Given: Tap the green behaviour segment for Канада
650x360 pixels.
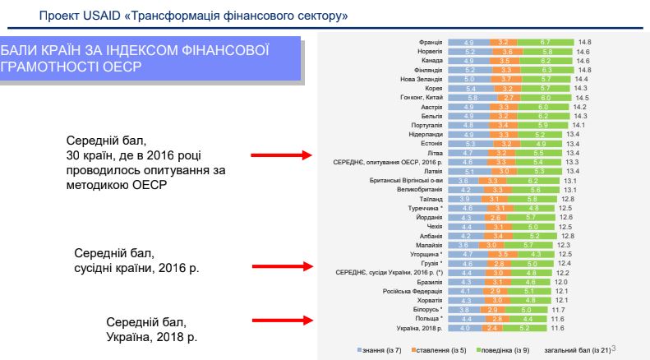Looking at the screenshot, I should point(545,60).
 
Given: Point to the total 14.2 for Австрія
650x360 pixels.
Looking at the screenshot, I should point(579,107).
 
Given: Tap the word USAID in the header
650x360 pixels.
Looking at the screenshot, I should point(108,16).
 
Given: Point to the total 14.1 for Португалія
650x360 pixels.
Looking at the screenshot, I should point(579,125).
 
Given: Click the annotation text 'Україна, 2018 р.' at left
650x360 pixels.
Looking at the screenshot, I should point(152,337).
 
